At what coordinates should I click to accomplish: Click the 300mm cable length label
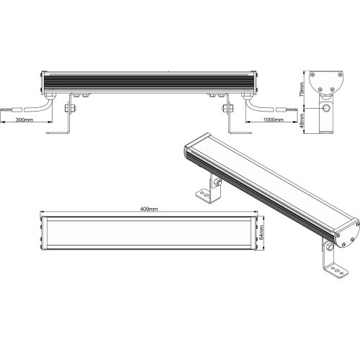(x=24, y=120)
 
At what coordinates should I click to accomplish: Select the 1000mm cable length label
(x=274, y=120)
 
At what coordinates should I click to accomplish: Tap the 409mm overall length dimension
(x=149, y=209)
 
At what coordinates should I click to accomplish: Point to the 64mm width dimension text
(x=261, y=233)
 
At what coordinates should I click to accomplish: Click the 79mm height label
(x=302, y=89)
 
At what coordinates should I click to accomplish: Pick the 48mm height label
(x=302, y=121)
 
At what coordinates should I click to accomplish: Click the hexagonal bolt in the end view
(x=326, y=108)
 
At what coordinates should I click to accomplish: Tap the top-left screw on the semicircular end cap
(x=312, y=74)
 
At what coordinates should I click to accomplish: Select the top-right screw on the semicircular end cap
(x=340, y=74)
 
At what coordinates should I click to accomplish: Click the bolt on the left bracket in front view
(x=70, y=108)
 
